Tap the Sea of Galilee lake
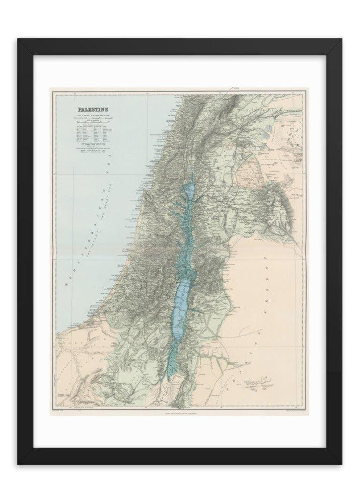click(x=189, y=191)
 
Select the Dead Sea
click(x=179, y=307)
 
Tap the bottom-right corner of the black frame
click(x=342, y=464)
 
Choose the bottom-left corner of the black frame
click(x=18, y=464)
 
